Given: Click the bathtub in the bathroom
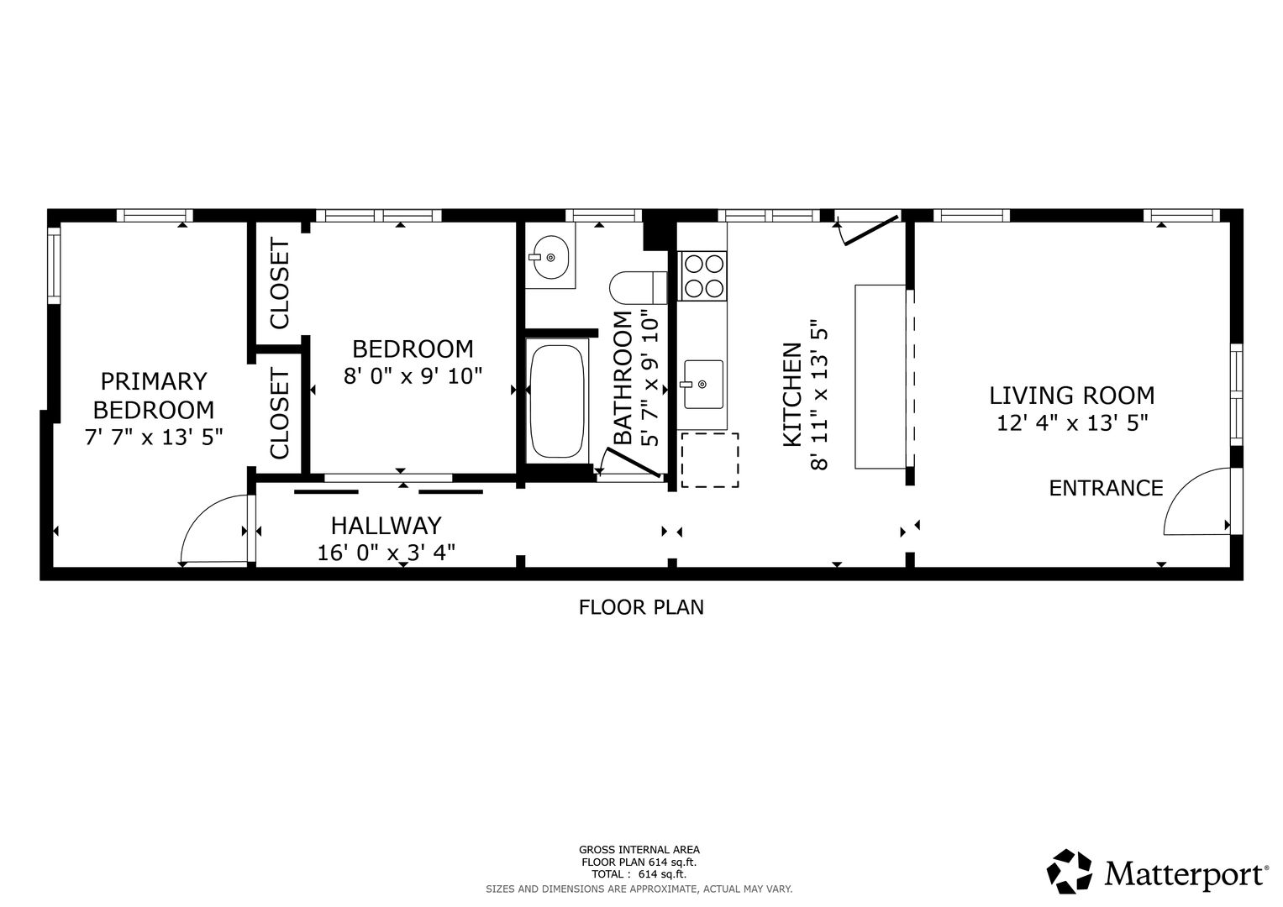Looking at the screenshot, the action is coord(557,401).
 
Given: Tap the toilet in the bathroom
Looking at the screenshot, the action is coord(638,287).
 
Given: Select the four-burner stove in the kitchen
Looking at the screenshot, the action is coord(702,276).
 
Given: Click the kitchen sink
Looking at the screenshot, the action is coord(702,385).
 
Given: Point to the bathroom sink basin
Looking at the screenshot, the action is coord(550,257).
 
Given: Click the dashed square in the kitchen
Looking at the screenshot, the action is coord(710,460).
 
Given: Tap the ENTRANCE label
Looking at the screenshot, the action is coord(1106,489).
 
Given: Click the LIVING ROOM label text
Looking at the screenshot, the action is coord(1072,396).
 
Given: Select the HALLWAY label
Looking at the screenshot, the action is coord(386,526).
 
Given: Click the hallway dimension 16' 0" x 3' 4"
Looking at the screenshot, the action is coord(386,553).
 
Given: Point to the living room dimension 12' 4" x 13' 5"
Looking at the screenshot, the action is coord(1072,423).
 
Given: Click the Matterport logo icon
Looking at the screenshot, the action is coord(1070,871).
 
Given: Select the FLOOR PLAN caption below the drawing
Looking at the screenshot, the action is coord(641,607).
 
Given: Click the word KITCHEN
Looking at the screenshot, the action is coord(792,395).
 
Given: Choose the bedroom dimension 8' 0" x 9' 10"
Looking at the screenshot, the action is coord(413,376).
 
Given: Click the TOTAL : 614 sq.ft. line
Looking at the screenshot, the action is coord(639,874).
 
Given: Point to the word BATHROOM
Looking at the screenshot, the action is coord(623,378).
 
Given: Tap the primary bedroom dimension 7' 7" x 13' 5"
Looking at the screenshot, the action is coord(154,438).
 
